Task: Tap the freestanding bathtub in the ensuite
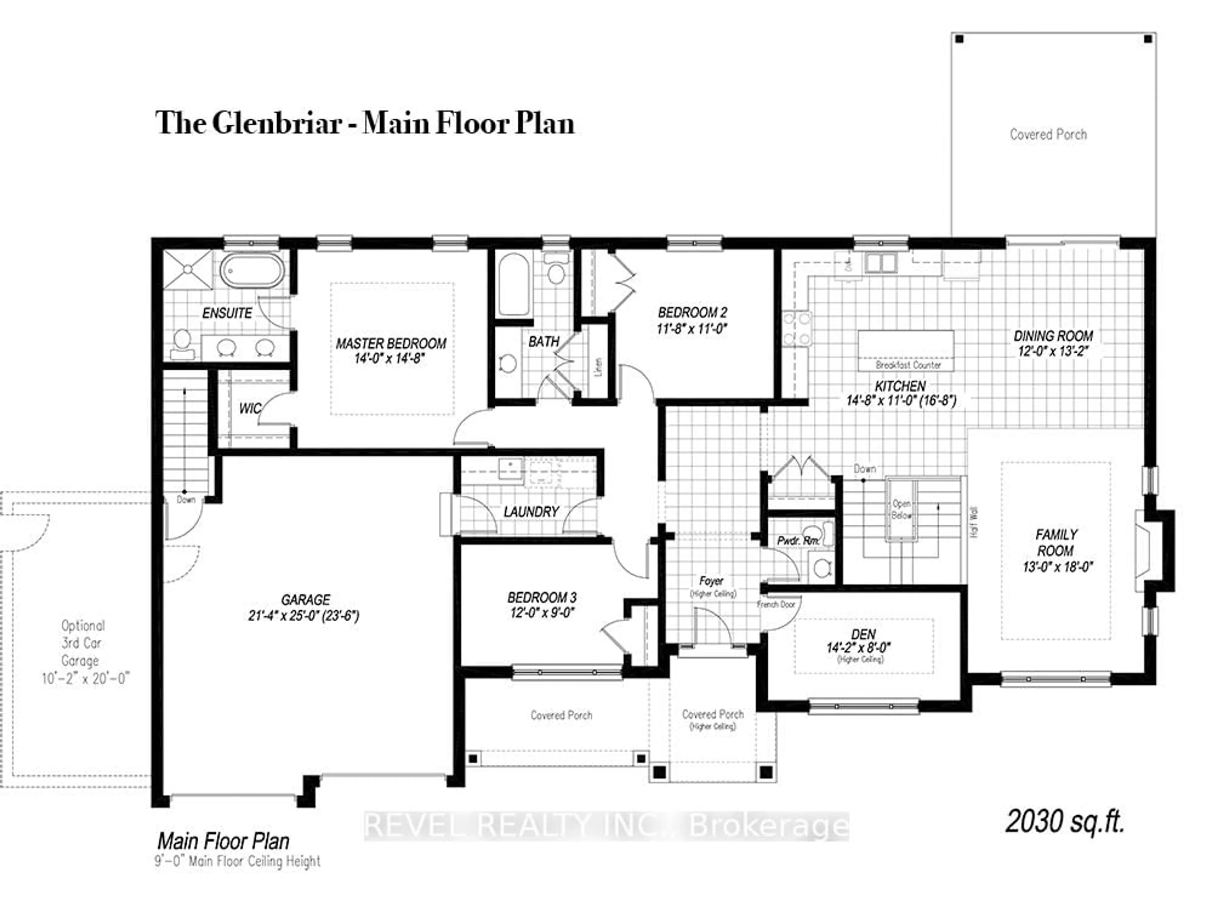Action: tap(252, 272)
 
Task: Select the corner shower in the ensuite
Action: tap(187, 269)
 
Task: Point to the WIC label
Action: tap(250, 409)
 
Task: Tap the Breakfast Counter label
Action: tap(908, 365)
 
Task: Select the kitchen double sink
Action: tap(880, 263)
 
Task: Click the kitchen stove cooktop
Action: tap(796, 329)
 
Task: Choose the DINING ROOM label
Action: tap(1053, 336)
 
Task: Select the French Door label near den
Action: tap(776, 604)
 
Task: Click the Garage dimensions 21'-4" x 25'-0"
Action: tap(304, 616)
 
